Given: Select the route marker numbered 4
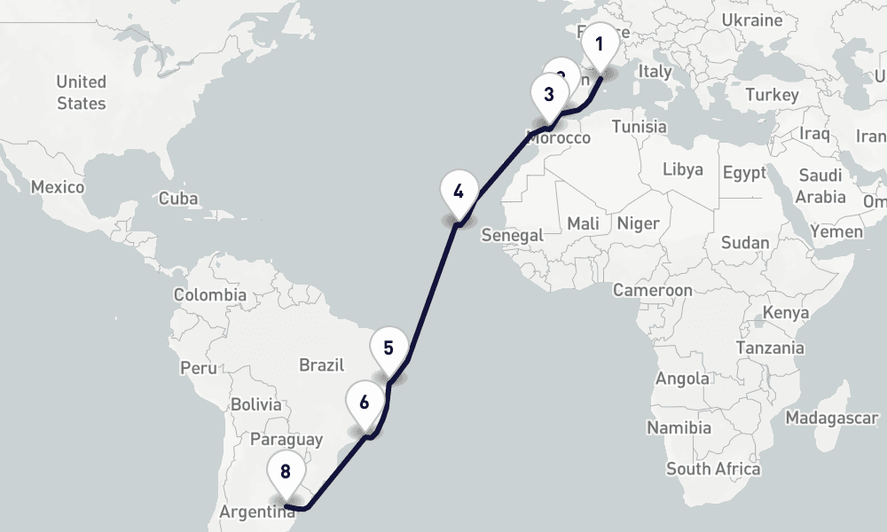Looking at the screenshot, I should coord(458,192).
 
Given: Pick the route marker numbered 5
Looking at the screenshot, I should coord(389,348).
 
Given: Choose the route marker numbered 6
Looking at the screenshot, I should coord(365,403).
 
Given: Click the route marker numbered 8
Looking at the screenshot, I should coord(286,473).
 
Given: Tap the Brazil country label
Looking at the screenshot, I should coord(321,364).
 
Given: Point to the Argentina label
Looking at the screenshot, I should coord(257,512).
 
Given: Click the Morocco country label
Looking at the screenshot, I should coord(558,138).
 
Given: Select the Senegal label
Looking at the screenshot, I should coord(512,235).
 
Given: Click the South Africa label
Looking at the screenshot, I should coord(713,469).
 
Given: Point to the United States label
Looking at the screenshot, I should coord(81,92).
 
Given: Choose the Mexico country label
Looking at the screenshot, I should coord(58,187).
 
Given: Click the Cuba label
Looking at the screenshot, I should coord(178,199).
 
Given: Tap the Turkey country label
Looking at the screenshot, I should coord(772,95).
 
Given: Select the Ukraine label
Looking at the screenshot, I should coord(752,20).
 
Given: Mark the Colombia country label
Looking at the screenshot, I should coord(209,295).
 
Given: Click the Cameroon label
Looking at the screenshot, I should coord(652,290).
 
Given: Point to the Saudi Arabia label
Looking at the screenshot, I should coord(820,185).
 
